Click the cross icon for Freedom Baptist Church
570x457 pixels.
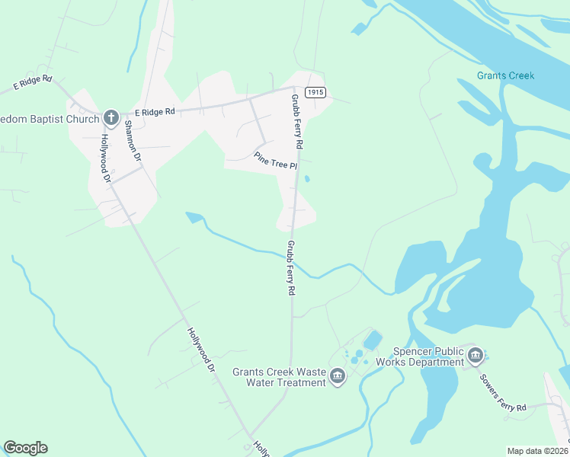(x=110, y=117)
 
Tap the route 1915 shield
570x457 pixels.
(x=315, y=92)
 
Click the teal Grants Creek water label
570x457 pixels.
(x=505, y=75)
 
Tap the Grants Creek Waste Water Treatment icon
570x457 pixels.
(x=338, y=375)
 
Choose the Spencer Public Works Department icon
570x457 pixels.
(x=476, y=354)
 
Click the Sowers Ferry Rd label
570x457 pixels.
(x=502, y=393)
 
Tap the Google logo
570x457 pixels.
(x=25, y=447)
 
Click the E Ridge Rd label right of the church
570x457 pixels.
(x=155, y=112)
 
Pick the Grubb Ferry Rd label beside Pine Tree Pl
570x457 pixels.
(x=298, y=122)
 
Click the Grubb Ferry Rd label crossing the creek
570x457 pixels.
(x=290, y=268)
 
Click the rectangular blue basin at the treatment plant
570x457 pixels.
(x=373, y=340)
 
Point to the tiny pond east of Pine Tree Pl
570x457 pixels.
(x=307, y=180)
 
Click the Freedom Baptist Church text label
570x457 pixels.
(x=50, y=119)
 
